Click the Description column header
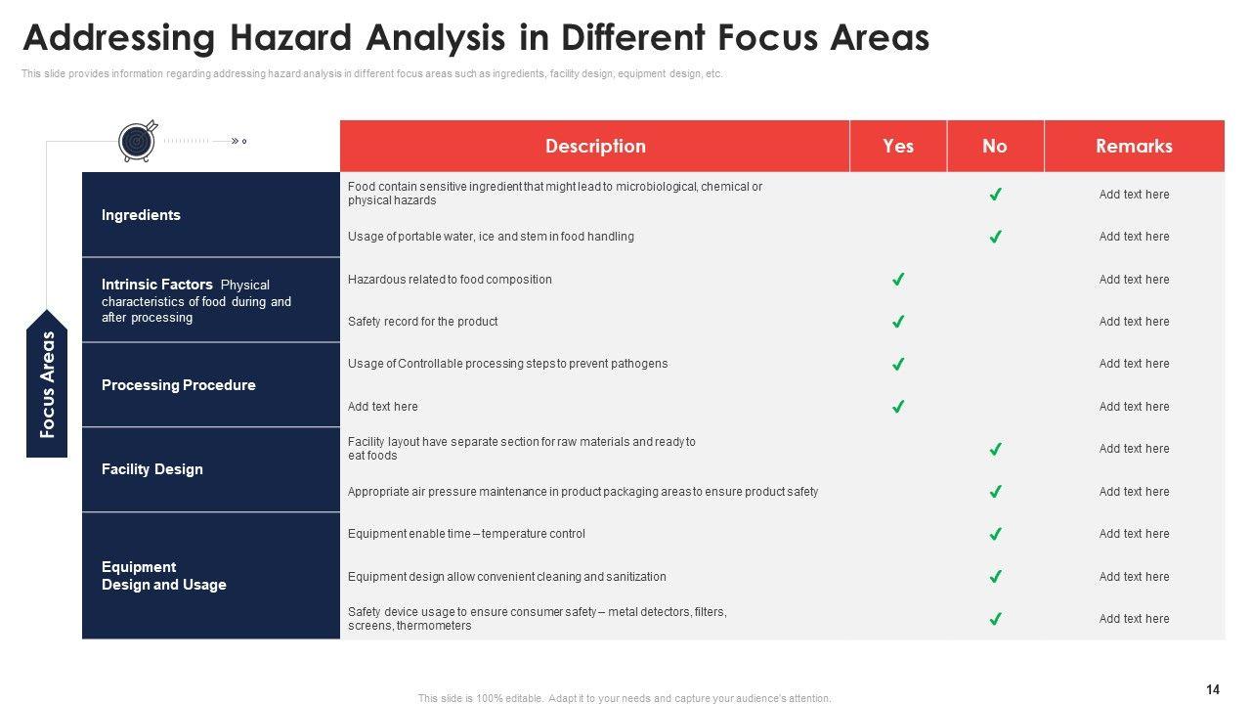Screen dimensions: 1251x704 pyautogui.click(x=595, y=146)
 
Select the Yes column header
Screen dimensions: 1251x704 pyautogui.click(x=898, y=146)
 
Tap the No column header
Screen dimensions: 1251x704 pyautogui.click(x=995, y=146)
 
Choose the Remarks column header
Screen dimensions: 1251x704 pyautogui.click(x=1134, y=146)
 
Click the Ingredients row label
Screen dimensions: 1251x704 pyautogui.click(x=141, y=215)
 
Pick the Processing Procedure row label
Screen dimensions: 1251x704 pyautogui.click(x=178, y=385)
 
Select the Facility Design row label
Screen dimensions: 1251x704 pyautogui.click(x=151, y=469)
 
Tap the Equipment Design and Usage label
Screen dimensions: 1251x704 pyautogui.click(x=163, y=576)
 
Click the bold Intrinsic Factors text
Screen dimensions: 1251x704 pyautogui.click(x=157, y=285)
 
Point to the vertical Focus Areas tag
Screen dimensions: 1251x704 pyautogui.click(x=47, y=384)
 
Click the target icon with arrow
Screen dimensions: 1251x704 pyautogui.click(x=138, y=142)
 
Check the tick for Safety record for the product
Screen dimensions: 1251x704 pyautogui.click(x=898, y=322)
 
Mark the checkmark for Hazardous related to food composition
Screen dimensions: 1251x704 pyautogui.click(x=898, y=279)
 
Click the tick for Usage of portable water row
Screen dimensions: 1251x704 pyautogui.click(x=995, y=237)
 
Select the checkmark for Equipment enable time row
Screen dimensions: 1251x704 pyautogui.click(x=995, y=534)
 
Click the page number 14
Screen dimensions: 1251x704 pyautogui.click(x=1213, y=689)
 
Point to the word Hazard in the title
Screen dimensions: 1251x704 pyautogui.click(x=290, y=38)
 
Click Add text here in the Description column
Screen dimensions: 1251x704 pyautogui.click(x=382, y=406)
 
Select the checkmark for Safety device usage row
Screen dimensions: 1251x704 pyautogui.click(x=995, y=619)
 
